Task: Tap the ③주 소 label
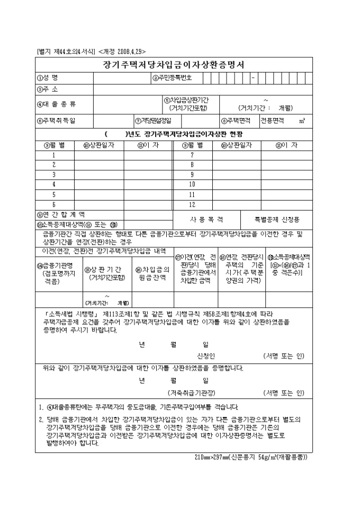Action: (x=47, y=89)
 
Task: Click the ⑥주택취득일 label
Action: (x=56, y=121)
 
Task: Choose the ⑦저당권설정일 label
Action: (x=154, y=121)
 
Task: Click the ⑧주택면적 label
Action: (x=236, y=121)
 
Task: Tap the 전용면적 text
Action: (x=272, y=121)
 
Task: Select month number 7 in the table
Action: (x=192, y=155)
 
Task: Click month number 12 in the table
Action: (x=192, y=204)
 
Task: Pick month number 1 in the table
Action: (x=53, y=155)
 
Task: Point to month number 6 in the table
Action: (x=53, y=204)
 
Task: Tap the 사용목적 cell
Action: (x=206, y=219)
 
